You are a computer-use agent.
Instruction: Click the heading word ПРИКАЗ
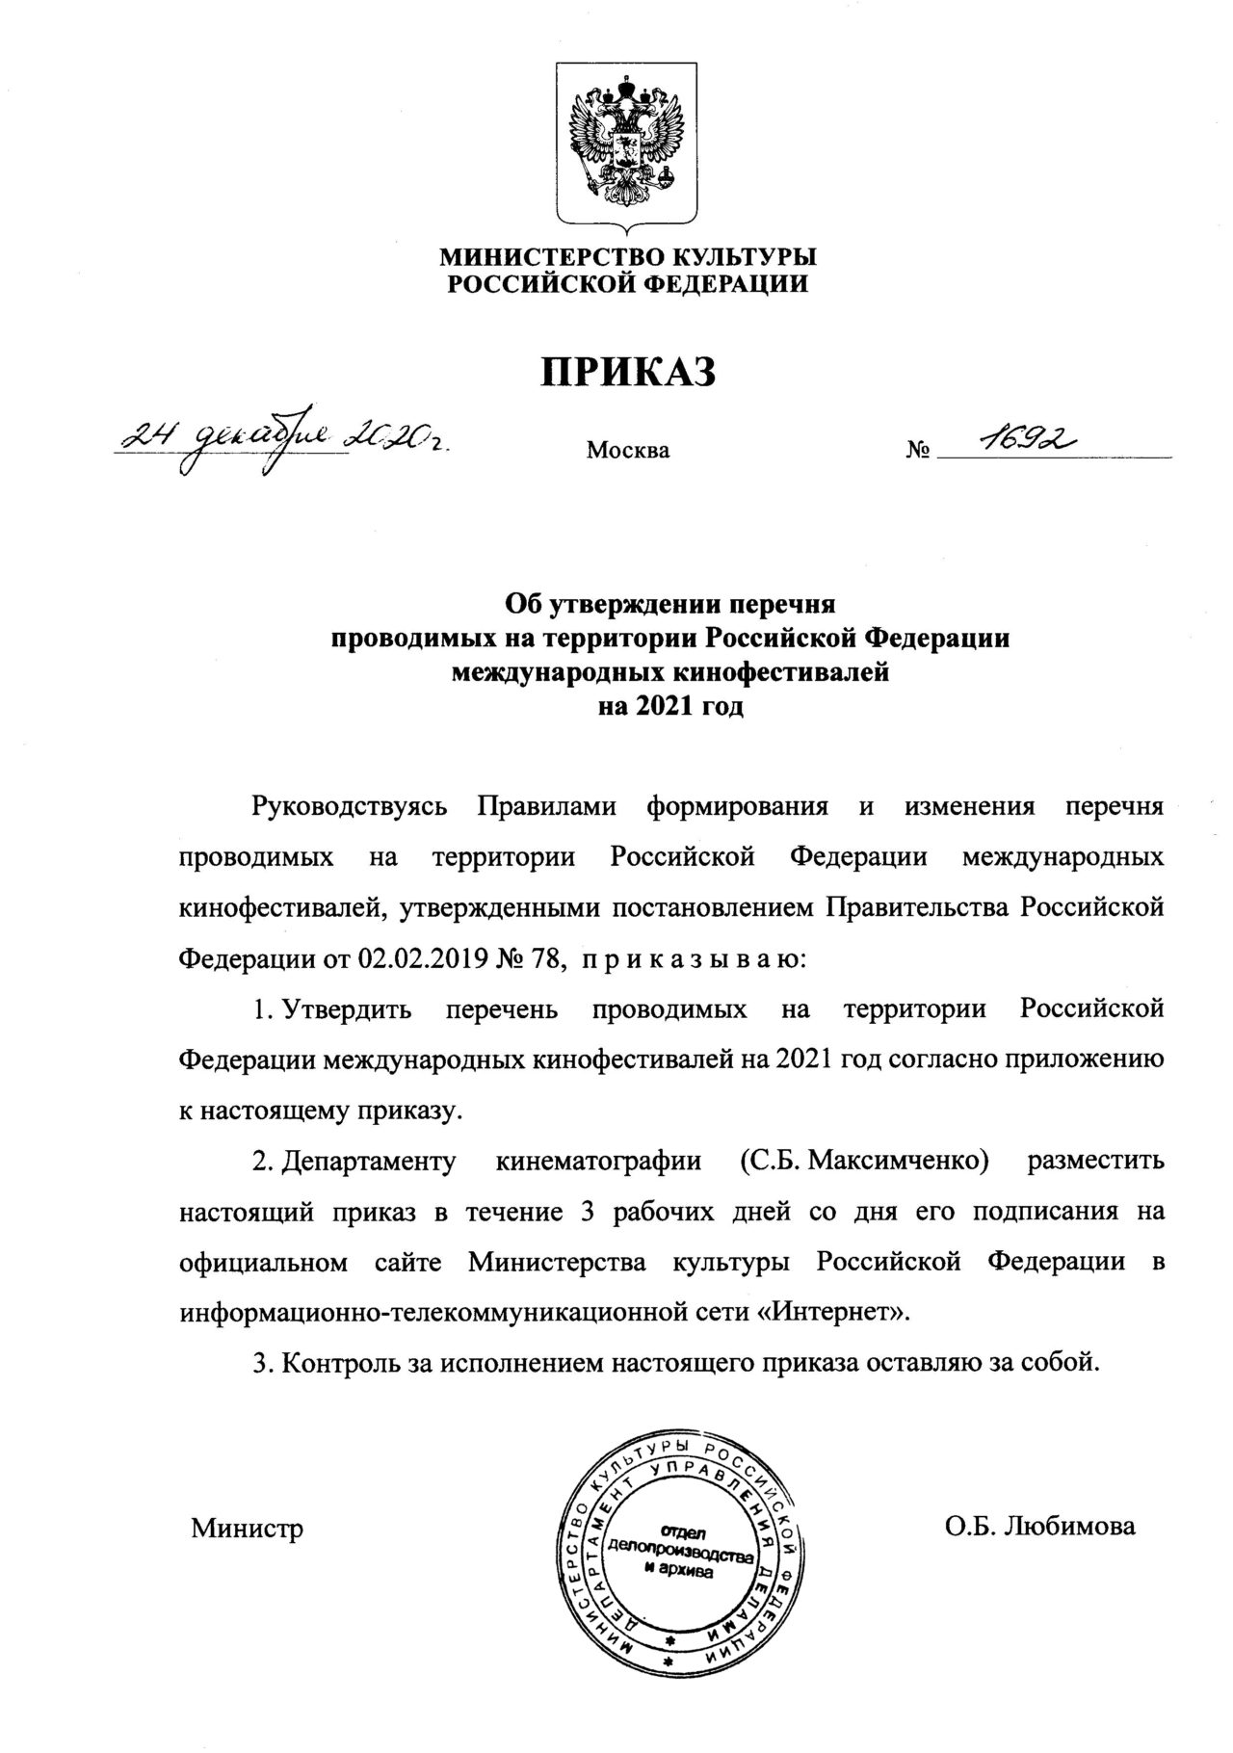627,370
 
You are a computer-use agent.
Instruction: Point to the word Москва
628,450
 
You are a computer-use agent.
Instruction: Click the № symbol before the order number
917,450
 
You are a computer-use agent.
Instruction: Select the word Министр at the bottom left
248,1528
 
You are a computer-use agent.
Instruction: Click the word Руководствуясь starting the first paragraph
349,806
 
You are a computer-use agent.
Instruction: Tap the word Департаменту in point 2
367,1161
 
